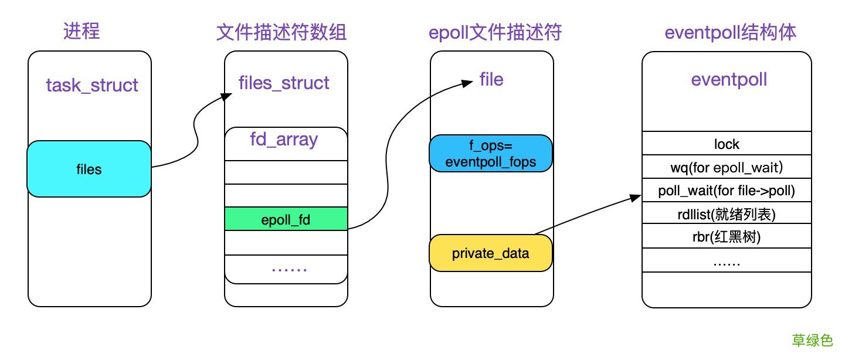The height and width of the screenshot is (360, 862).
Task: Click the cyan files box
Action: (x=89, y=169)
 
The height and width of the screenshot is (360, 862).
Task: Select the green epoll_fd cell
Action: (x=286, y=220)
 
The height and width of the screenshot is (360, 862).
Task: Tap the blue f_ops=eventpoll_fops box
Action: (x=491, y=154)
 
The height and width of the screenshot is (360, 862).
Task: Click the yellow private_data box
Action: (x=491, y=253)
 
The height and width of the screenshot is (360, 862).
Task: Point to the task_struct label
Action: (x=92, y=86)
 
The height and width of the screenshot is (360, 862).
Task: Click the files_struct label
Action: (x=284, y=83)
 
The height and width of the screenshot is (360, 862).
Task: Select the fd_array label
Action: (x=284, y=140)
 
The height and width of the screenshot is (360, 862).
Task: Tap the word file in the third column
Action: (x=491, y=79)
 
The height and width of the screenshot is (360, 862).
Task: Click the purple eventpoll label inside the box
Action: (x=729, y=80)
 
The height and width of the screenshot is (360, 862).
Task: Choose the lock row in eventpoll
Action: (x=727, y=144)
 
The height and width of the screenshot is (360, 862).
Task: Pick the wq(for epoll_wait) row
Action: (x=727, y=167)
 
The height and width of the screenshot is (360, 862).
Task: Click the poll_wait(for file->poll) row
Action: (x=727, y=191)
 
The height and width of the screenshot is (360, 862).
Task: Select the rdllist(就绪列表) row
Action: (x=727, y=214)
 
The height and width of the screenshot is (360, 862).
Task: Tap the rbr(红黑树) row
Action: (x=727, y=237)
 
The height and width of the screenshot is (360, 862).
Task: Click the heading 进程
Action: (x=82, y=31)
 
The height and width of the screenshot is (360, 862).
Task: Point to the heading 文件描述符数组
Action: (x=281, y=32)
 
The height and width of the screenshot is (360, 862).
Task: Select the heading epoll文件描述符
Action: (x=496, y=32)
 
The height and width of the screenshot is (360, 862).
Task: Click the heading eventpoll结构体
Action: (x=730, y=32)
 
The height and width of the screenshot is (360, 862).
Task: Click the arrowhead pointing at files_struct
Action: (x=223, y=97)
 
